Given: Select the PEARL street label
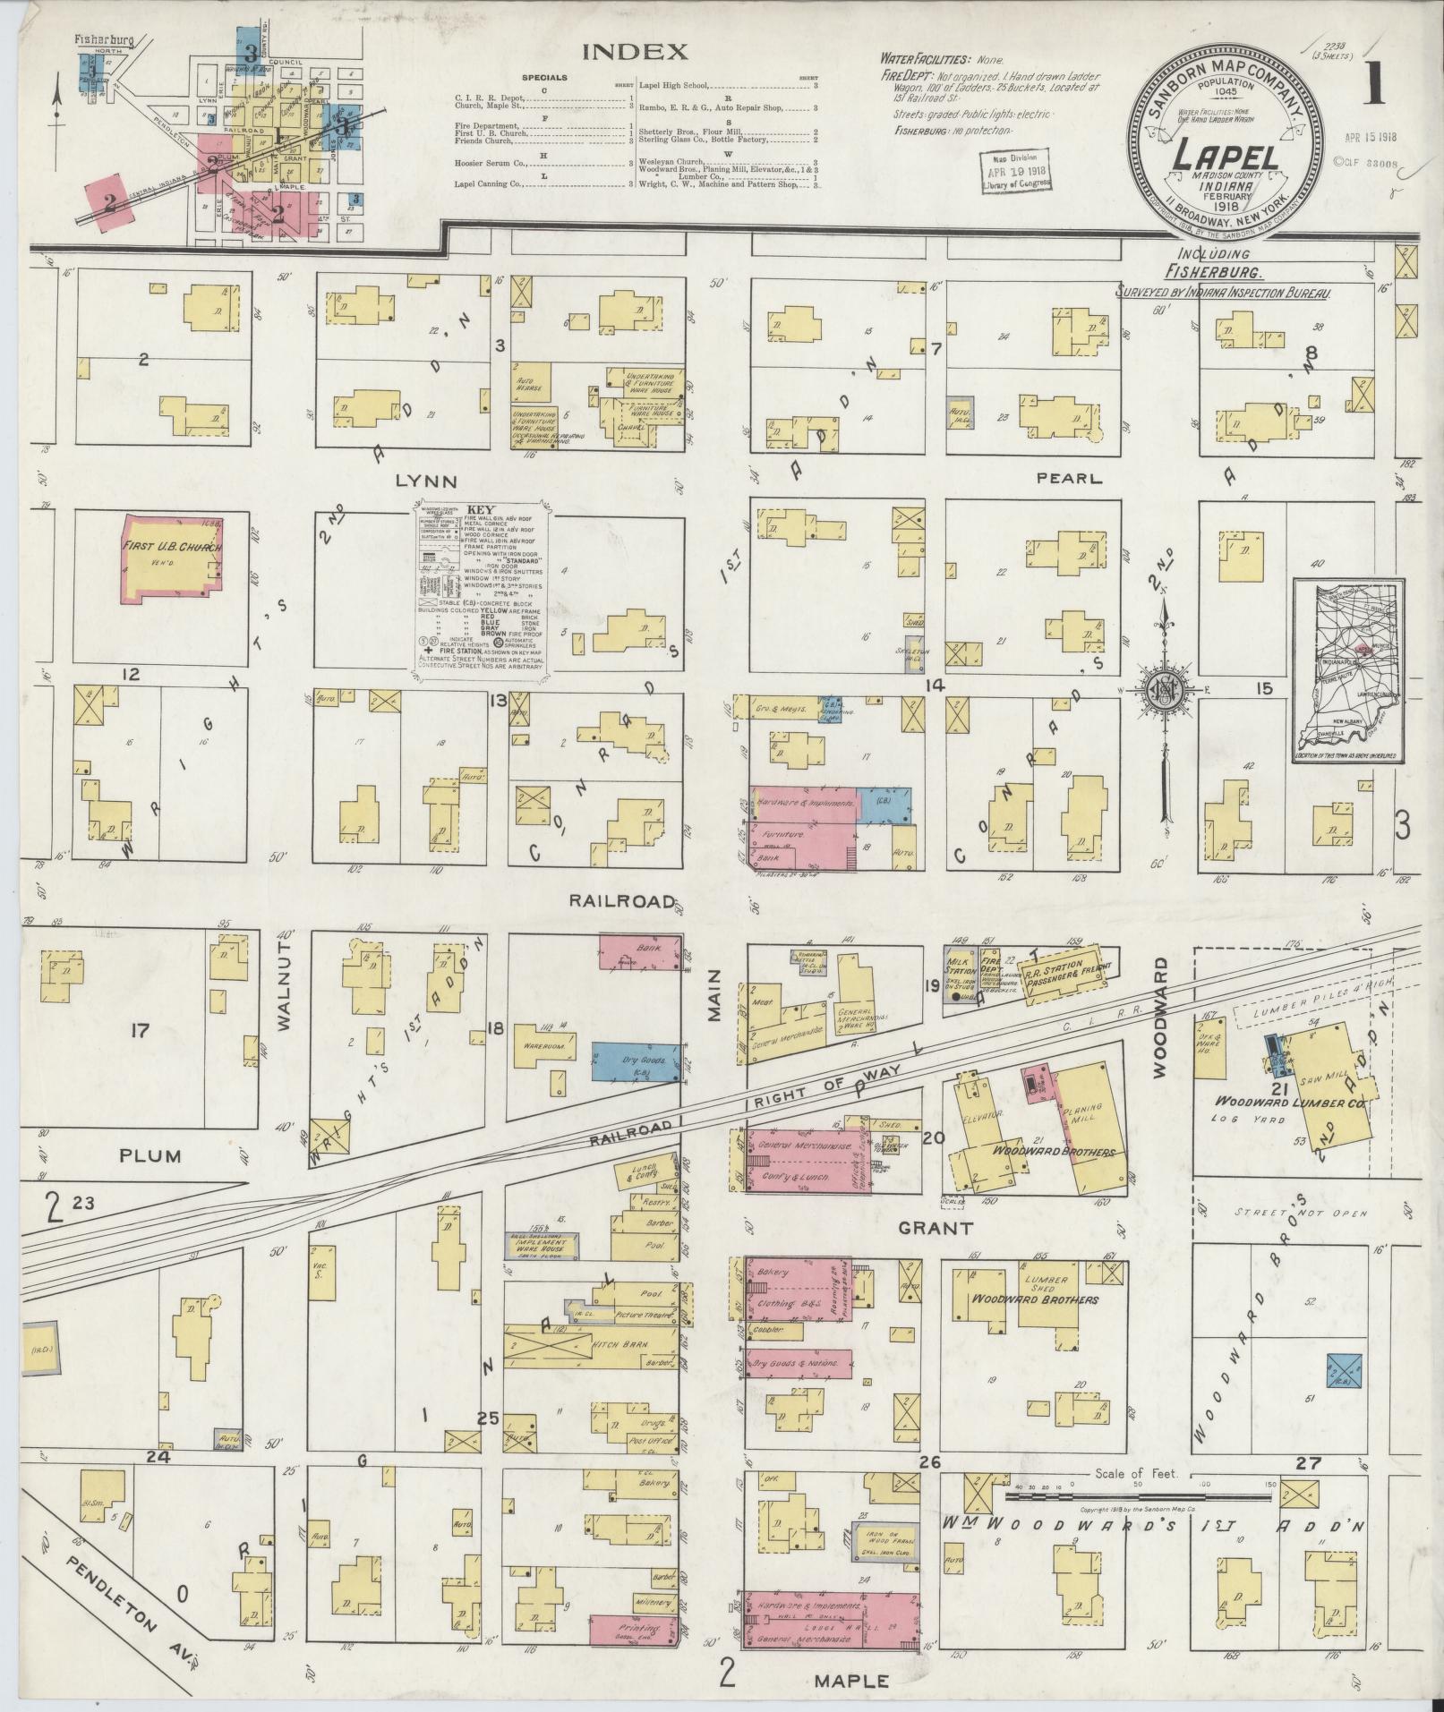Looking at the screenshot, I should [x=1068, y=479].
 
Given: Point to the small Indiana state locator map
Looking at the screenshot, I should [x=1348, y=670].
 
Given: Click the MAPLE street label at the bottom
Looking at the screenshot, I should [x=851, y=1681].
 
